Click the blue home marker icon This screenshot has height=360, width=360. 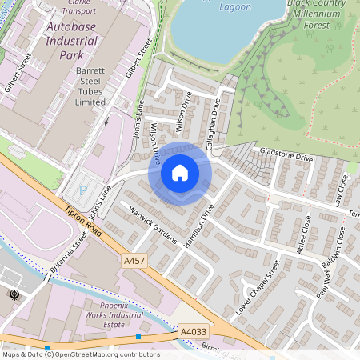point(180,173)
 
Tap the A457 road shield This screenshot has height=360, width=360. point(134,261)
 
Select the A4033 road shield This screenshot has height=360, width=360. point(192,330)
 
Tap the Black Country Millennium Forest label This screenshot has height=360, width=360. point(322,14)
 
